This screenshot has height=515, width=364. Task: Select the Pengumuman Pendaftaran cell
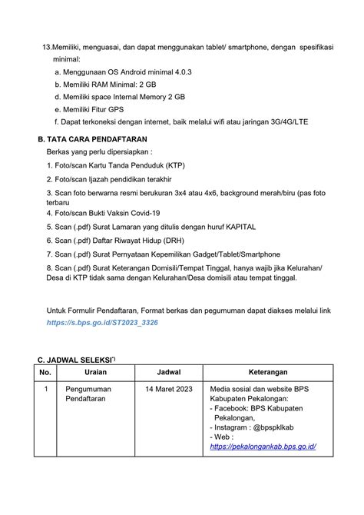(88, 395)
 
